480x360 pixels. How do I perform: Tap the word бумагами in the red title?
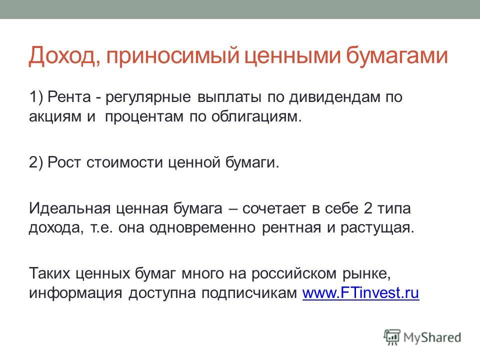pos(397,56)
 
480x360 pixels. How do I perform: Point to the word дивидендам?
pos(333,97)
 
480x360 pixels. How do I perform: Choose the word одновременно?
pos(202,228)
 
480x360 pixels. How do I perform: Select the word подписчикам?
pos(249,293)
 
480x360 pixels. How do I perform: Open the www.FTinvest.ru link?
pos(360,292)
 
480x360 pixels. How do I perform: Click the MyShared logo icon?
pos(392,337)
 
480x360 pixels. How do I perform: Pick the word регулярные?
pos(148,97)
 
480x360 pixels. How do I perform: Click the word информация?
pos(75,293)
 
